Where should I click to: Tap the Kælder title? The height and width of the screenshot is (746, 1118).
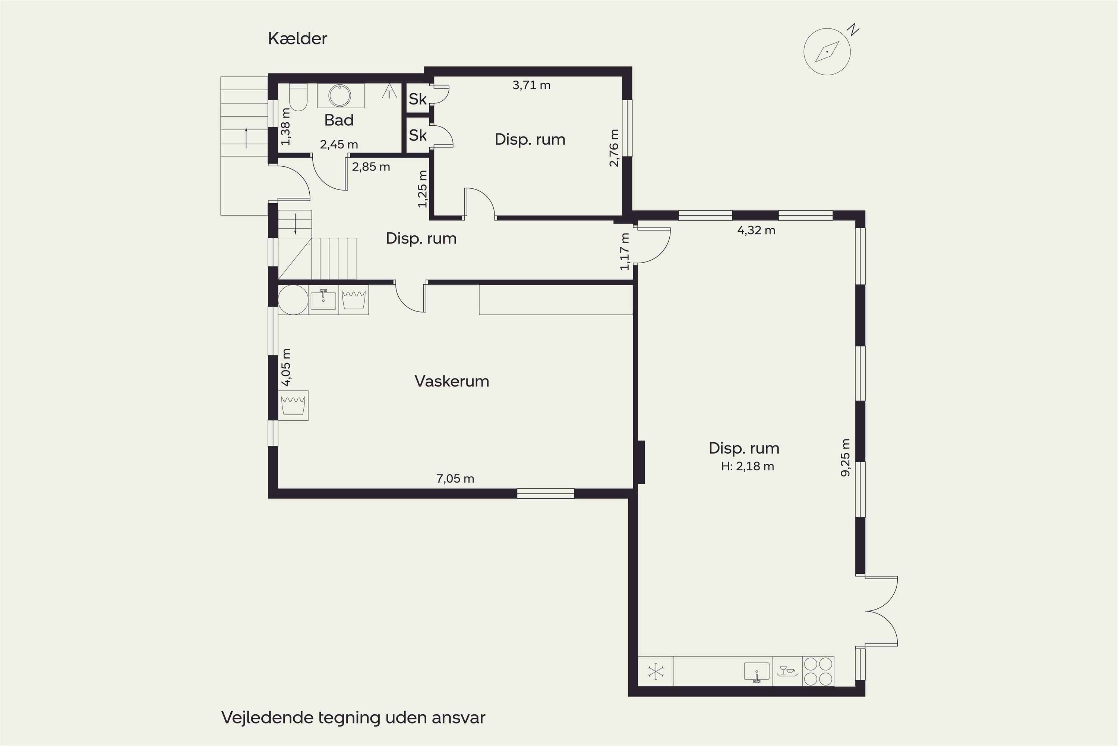click(297, 38)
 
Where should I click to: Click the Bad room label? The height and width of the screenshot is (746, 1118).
click(339, 120)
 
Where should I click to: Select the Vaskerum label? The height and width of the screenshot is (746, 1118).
click(452, 381)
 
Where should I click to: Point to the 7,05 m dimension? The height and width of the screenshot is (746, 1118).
click(455, 479)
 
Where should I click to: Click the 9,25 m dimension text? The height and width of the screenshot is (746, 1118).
click(845, 458)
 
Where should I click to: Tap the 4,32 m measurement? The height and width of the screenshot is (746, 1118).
click(756, 230)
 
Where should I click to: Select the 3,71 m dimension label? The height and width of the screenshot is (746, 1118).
click(531, 85)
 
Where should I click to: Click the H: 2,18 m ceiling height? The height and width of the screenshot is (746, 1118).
click(748, 466)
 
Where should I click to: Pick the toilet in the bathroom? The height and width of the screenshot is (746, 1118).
click(299, 97)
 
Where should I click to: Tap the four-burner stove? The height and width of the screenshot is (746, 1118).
click(818, 671)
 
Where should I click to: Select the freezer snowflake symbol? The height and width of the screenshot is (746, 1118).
click(656, 671)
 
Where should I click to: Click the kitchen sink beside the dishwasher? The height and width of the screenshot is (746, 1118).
click(756, 672)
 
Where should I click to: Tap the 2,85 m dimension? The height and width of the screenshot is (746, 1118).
click(371, 166)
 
